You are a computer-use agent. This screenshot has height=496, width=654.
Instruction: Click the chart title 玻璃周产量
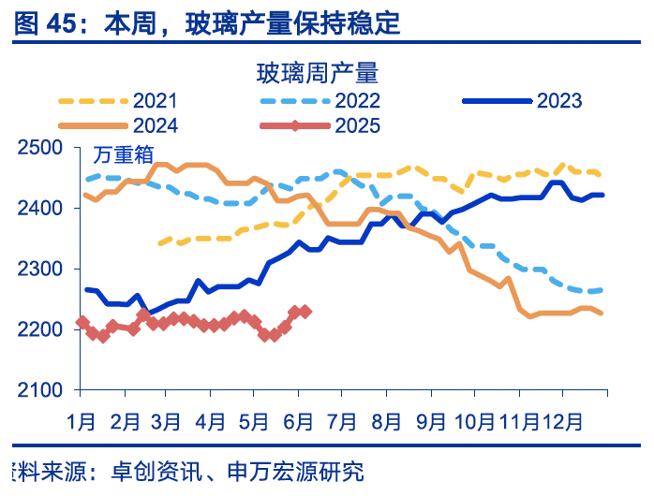[316, 72]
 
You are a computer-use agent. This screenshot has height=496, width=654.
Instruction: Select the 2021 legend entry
[155, 100]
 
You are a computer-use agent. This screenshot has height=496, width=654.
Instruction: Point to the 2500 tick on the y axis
[41, 148]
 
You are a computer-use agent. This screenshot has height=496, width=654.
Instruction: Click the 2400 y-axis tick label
[41, 209]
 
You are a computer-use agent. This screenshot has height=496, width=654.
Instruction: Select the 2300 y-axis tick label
[41, 270]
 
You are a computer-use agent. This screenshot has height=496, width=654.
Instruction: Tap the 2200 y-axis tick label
[41, 330]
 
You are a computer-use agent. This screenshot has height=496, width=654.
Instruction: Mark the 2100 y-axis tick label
[41, 391]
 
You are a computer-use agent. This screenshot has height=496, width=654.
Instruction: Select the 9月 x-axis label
[430, 420]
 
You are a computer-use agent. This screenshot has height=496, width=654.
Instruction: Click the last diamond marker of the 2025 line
[305, 312]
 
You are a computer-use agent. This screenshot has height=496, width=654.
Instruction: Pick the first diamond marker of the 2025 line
[82, 323]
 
